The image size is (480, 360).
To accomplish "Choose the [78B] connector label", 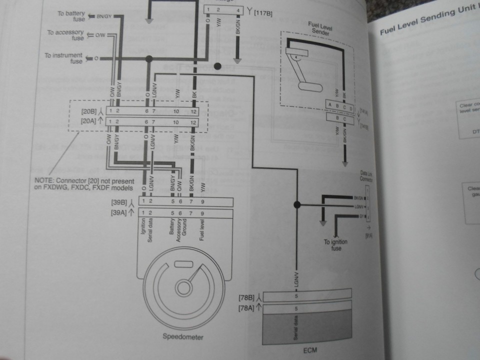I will pos(250,297).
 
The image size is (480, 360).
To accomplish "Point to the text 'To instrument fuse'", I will pos(64,58).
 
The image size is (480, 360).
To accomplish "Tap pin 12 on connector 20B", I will pos(193,109).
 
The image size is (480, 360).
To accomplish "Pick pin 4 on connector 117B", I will pos(238,10).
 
